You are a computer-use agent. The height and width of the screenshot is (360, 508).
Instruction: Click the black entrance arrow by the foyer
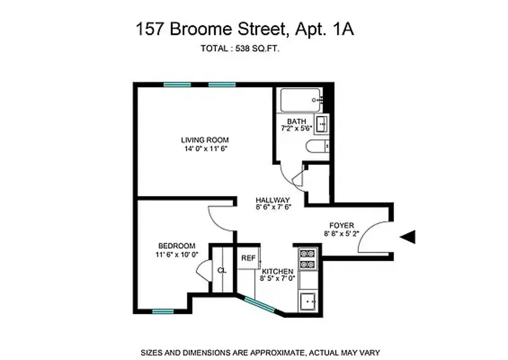coord(408,237)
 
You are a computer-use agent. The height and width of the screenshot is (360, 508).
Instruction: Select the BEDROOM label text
coord(177,246)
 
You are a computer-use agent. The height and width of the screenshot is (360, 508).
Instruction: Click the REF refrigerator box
coord(248,258)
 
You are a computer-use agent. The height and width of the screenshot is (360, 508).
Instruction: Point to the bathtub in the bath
coord(300,100)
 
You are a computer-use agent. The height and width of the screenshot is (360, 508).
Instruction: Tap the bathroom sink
coord(322,123)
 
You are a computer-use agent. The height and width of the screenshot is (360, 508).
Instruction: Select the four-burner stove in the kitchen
coord(307,259)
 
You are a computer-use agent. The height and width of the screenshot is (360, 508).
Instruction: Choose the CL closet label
coord(221,270)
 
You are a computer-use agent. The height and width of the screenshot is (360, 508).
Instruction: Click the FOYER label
coord(342,225)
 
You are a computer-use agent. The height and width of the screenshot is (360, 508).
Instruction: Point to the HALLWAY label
coord(272,200)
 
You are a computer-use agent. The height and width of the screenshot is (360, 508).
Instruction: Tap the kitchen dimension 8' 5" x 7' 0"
coord(277,279)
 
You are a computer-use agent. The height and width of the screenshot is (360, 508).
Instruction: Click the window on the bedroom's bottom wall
coord(163,311)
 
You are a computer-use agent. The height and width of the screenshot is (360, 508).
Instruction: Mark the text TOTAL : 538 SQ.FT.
coord(240,49)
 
